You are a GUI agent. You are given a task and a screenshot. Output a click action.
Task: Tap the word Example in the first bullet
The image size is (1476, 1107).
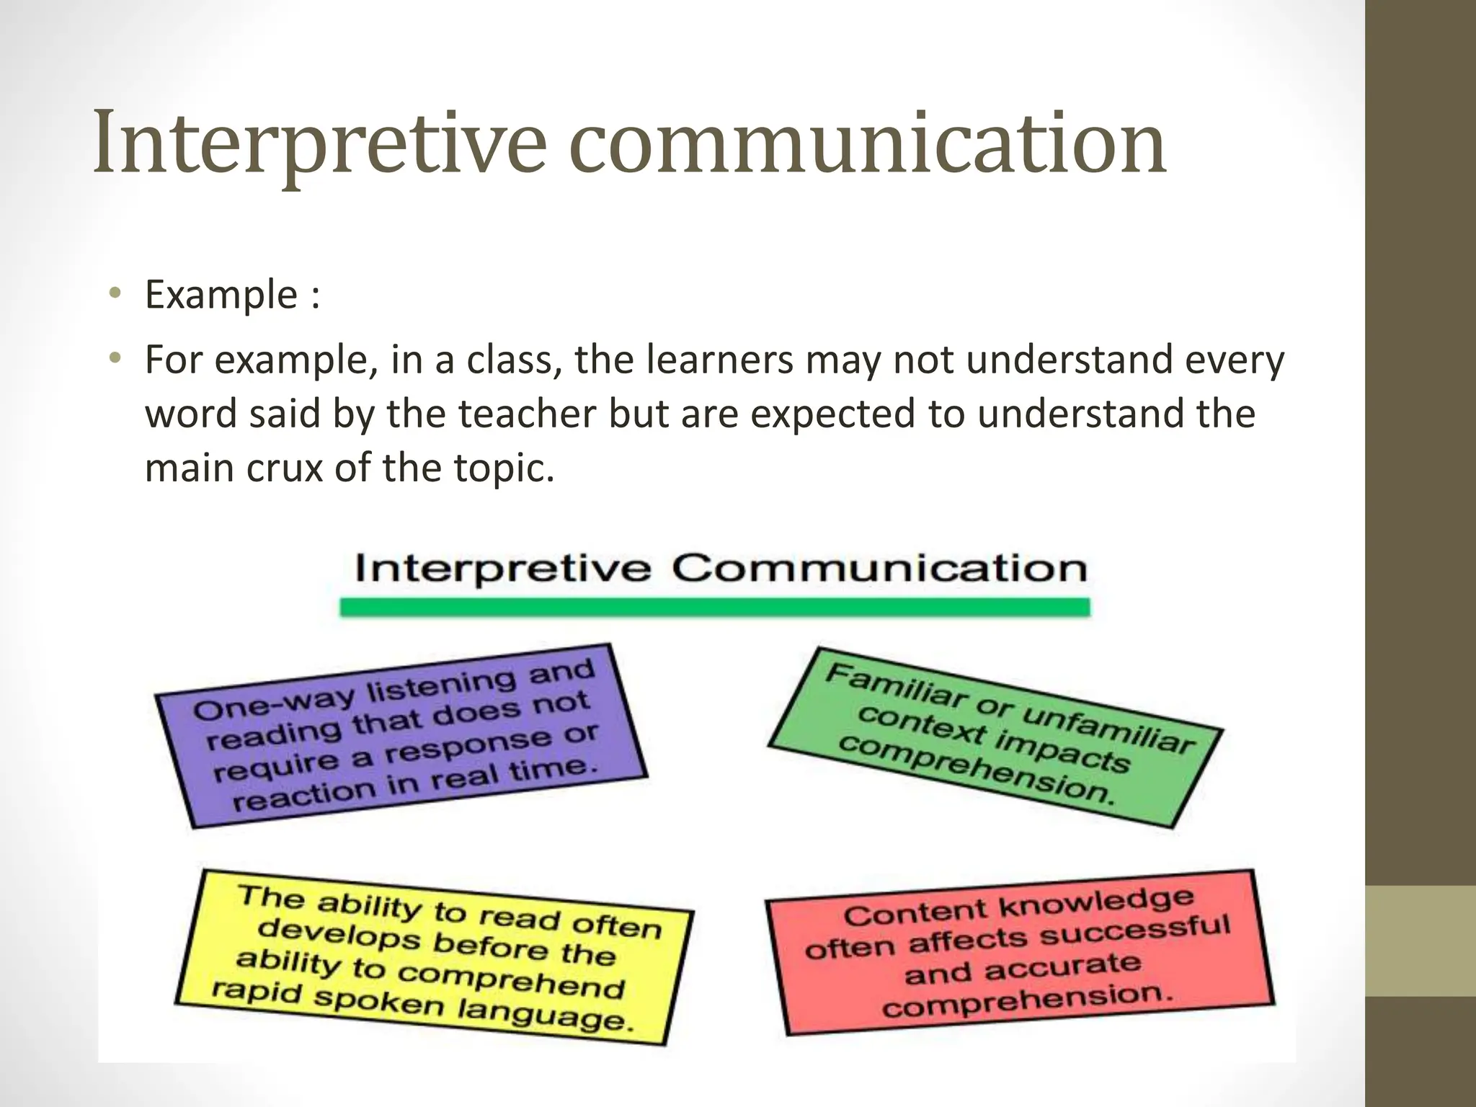[x=221, y=295]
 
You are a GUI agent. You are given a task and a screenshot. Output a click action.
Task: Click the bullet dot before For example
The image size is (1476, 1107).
[x=115, y=357]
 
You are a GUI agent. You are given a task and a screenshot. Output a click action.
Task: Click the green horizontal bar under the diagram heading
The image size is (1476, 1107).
[x=714, y=608]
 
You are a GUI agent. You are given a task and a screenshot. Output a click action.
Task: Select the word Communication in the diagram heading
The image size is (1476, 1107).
[x=879, y=569]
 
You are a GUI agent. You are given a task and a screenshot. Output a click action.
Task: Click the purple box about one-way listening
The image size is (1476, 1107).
[x=401, y=735]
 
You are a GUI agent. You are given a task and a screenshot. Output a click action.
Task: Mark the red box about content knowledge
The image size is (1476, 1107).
[x=1019, y=951]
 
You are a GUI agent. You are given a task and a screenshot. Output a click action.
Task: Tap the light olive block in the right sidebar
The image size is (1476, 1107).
[x=1420, y=941]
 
